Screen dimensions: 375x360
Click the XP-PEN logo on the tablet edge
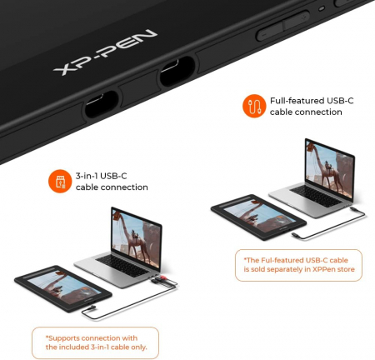[x=105, y=52]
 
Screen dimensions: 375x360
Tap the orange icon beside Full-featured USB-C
[x=254, y=106]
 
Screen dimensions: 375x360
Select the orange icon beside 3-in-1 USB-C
[x=60, y=181]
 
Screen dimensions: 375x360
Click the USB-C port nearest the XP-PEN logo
[x=177, y=71]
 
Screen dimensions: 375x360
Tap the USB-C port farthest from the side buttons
[x=102, y=104]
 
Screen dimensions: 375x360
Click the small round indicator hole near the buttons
[x=322, y=8]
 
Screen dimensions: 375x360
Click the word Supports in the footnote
[x=63, y=338]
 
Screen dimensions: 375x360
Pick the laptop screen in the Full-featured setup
[x=330, y=168]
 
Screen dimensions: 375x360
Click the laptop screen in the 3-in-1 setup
[x=136, y=237]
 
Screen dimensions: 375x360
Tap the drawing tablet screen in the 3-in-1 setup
[x=64, y=287]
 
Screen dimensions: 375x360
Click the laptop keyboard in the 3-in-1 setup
[x=123, y=265]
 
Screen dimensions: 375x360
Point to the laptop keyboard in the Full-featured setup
[x=317, y=196]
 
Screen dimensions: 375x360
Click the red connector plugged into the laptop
[x=162, y=277]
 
